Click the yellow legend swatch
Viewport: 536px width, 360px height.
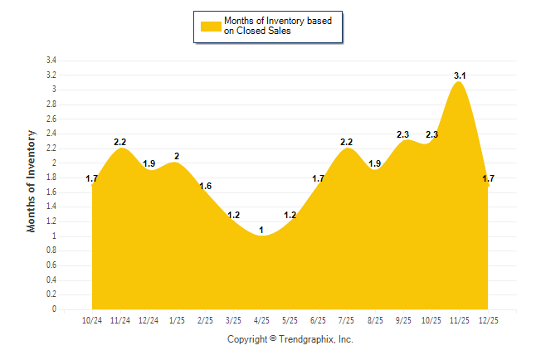[211, 26]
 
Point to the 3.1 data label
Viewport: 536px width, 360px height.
[460, 75]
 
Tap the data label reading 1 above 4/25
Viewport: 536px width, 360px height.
[261, 230]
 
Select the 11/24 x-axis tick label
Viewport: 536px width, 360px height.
[120, 320]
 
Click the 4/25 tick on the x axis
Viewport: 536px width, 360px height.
[261, 320]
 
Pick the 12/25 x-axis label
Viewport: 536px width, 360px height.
[488, 320]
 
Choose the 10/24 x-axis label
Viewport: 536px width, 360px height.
[92, 320]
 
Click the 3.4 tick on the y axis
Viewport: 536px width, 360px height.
[51, 61]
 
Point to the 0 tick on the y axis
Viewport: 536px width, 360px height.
[54, 309]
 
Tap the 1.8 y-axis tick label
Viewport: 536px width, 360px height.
[51, 178]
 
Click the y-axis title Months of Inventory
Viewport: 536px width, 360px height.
[32, 181]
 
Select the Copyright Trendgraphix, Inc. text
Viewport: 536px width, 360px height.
[290, 339]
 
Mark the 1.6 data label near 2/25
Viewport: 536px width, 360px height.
[205, 186]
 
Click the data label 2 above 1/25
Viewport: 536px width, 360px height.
[177, 156]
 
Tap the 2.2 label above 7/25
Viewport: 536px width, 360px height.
[347, 142]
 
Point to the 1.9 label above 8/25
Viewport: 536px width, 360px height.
[375, 163]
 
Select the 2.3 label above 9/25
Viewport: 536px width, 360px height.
[403, 134]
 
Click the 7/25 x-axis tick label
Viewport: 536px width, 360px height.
[347, 320]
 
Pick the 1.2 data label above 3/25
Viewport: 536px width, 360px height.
[233, 215]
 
